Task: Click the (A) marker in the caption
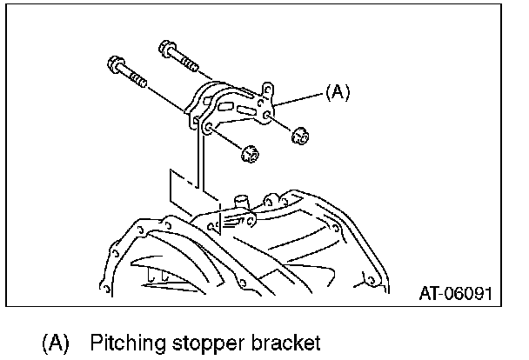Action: pos(56,342)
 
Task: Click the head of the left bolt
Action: pos(114,64)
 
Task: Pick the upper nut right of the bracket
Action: pos(299,136)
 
